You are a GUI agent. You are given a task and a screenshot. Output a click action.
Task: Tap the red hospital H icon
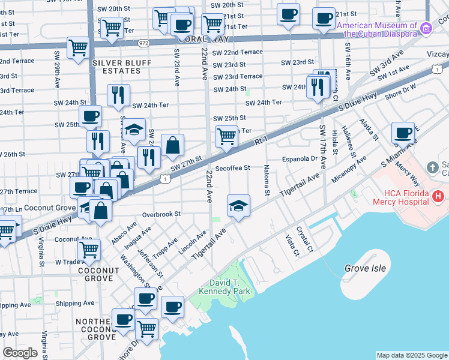pyautogui.click(x=438, y=196)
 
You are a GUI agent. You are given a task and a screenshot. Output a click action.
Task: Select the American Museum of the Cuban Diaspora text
pyautogui.click(x=377, y=29)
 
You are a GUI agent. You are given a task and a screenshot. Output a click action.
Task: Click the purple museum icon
pyautogui.click(x=426, y=28)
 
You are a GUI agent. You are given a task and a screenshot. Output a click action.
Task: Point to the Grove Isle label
pyautogui.click(x=366, y=268)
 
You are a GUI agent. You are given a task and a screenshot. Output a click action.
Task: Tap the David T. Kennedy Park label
pyautogui.click(x=229, y=287)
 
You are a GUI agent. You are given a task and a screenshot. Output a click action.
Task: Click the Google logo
pyautogui.click(x=20, y=352)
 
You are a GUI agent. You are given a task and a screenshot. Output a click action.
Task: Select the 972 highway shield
pyautogui.click(x=143, y=43)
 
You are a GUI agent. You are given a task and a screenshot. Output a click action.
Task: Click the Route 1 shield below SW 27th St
pyautogui.click(x=165, y=178)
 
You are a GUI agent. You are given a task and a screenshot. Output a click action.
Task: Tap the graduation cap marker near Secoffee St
pyautogui.click(x=238, y=205)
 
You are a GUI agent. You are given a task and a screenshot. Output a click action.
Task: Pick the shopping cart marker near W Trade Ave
pyautogui.click(x=89, y=248)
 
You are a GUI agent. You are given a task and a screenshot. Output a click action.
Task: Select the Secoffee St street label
pyautogui.click(x=232, y=169)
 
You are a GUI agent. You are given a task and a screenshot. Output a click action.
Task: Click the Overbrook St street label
pyautogui.click(x=161, y=214)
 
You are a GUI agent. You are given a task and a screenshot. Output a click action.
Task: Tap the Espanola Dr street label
pyautogui.click(x=300, y=159)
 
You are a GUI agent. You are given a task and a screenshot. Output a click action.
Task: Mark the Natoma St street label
pyautogui.click(x=266, y=178)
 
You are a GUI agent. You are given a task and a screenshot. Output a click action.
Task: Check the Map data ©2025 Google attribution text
pyautogui.click(x=412, y=355)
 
